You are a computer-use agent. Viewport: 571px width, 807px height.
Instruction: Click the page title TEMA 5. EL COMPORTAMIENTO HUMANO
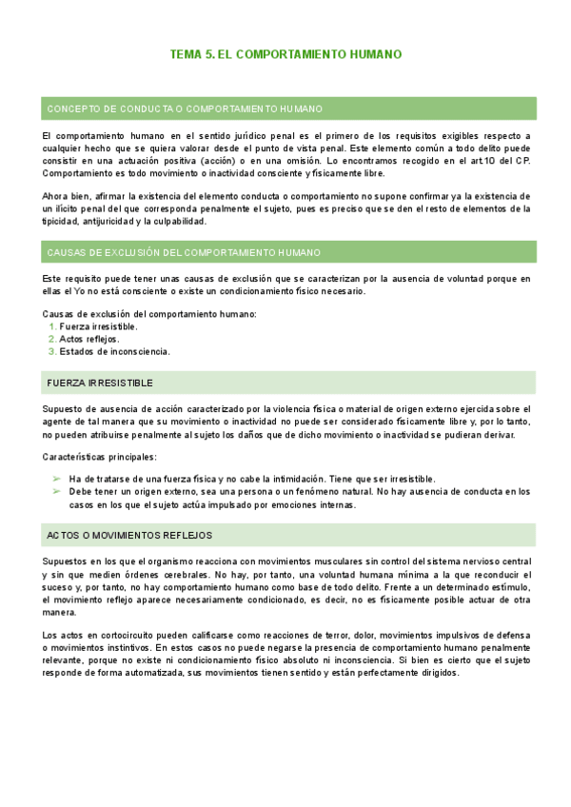pos(285,55)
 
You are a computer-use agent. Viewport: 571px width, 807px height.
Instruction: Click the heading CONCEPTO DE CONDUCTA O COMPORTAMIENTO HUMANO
pos(185,108)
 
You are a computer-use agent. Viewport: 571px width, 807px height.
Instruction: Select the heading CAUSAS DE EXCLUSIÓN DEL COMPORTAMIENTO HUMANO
pos(184,252)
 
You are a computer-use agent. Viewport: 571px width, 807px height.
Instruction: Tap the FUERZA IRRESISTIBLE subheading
pos(100,383)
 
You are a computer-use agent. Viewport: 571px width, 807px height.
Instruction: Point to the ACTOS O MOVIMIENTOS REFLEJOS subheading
pos(129,536)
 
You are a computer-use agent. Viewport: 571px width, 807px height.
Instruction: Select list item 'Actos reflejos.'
pos(89,339)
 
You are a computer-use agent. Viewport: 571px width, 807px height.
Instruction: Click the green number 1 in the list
pos(51,326)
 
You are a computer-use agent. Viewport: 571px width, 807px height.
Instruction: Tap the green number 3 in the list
pos(51,351)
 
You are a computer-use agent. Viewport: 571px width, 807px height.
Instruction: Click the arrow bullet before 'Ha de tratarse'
pos(56,479)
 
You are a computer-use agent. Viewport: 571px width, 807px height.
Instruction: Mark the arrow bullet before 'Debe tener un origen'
pos(56,492)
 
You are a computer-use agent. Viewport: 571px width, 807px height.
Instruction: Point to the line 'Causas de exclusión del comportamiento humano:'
pos(149,314)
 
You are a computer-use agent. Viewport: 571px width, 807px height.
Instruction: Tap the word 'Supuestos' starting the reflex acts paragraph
pos(67,562)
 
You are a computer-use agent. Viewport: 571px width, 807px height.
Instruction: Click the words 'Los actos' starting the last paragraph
pos(65,636)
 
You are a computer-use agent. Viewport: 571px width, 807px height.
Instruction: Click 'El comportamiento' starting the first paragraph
pos(86,136)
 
